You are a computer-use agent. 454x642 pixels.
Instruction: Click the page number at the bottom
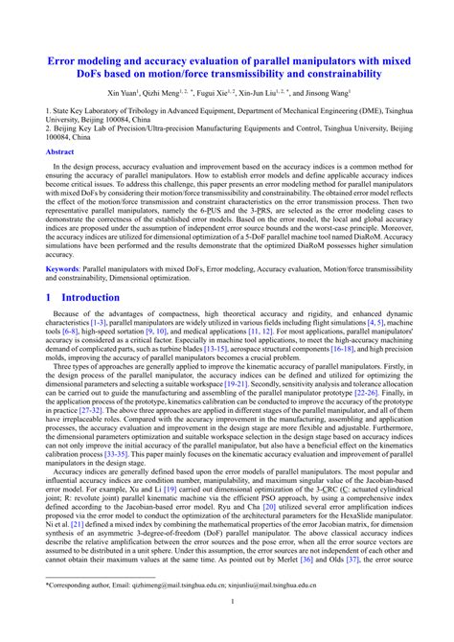[227, 628]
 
